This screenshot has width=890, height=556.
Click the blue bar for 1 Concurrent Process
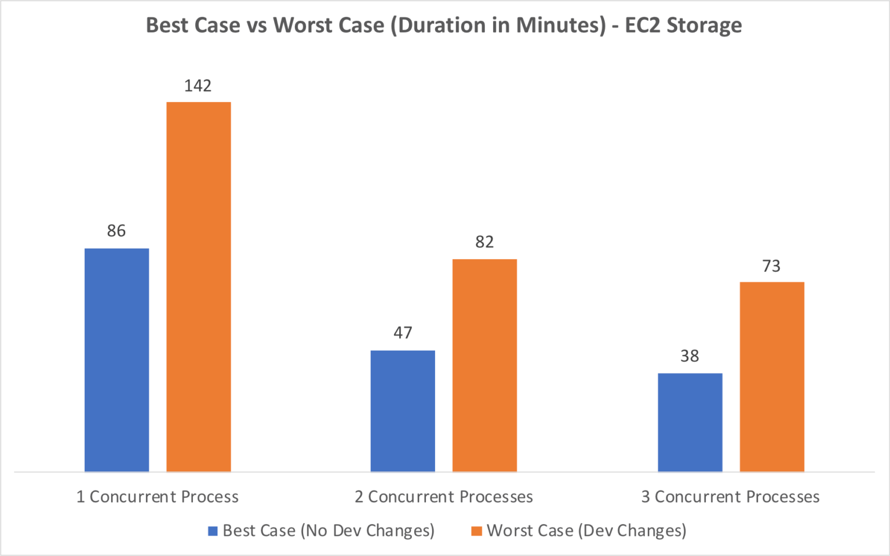point(116,359)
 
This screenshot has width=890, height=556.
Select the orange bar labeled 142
point(199,286)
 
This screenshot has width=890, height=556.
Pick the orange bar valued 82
point(484,365)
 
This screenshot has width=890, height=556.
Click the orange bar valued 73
point(772,376)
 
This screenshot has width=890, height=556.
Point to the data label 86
point(116,231)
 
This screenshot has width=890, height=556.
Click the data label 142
point(198,86)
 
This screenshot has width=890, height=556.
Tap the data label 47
point(403,333)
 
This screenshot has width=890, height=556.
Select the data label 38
point(690,356)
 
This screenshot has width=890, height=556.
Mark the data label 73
point(771,266)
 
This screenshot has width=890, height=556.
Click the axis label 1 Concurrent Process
point(158,497)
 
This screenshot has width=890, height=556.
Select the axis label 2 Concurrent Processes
point(444,497)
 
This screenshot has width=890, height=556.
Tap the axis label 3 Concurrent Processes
point(730,497)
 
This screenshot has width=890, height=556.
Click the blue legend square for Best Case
point(213,531)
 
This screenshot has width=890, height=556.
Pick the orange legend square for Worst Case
point(476,531)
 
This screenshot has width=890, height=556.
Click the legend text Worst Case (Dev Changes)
point(586,531)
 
